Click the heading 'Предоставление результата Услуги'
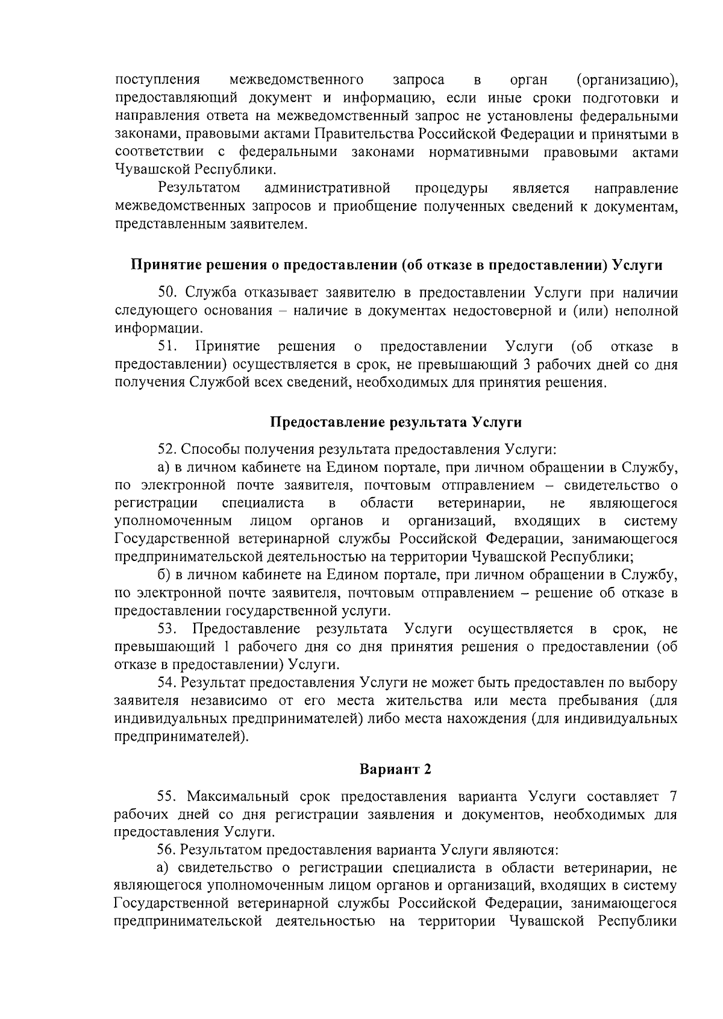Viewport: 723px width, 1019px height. pos(395,422)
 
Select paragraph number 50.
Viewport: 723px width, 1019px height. pos(166,293)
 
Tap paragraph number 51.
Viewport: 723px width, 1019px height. pos(166,346)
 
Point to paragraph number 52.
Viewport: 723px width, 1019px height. pos(166,450)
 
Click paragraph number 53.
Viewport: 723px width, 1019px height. pos(166,629)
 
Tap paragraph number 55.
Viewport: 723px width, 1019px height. pos(166,797)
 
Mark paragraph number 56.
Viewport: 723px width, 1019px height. pos(166,850)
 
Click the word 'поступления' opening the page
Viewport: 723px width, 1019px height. pos(157,80)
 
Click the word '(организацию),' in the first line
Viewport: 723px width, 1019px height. pos(627,80)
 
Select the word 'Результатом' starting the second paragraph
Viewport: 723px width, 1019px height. pos(199,189)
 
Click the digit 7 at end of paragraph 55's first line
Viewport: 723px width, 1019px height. pos(673,797)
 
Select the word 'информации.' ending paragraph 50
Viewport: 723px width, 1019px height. pos(158,329)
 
